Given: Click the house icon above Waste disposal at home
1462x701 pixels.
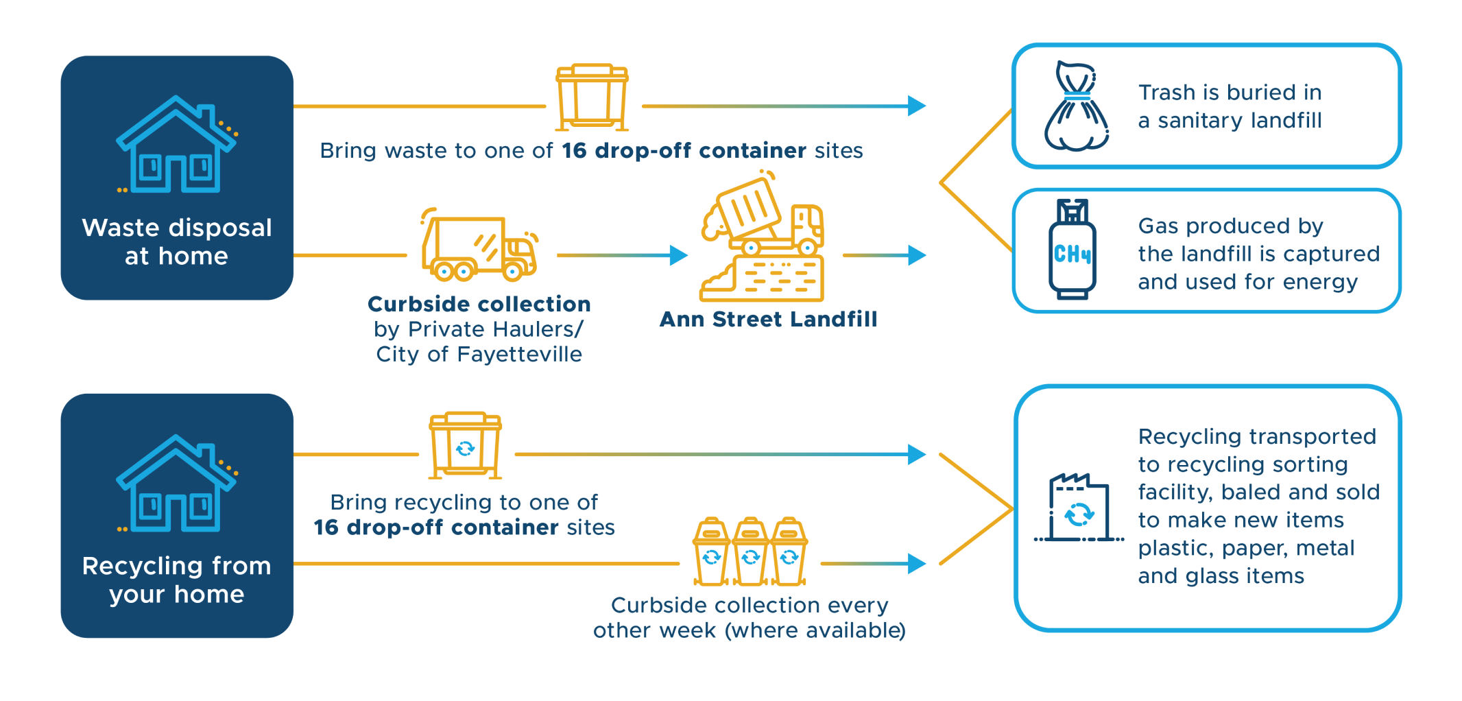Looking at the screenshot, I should tap(176, 145).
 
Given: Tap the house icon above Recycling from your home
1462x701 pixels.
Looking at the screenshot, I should tap(176, 484).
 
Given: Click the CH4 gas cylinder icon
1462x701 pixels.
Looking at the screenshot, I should tap(1072, 250).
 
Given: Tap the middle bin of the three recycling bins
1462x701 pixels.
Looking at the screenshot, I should tap(750, 551).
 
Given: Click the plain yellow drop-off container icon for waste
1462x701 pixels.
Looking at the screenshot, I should tap(592, 97).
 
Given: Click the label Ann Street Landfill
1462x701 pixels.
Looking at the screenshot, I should tap(768, 320).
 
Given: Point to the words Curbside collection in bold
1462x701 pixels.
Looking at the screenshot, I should tap(479, 304).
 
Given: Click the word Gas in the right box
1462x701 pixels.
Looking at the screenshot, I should tap(1159, 226).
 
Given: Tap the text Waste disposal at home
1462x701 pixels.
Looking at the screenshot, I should tap(177, 241).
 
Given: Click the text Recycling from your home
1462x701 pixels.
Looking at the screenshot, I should tap(177, 580).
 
